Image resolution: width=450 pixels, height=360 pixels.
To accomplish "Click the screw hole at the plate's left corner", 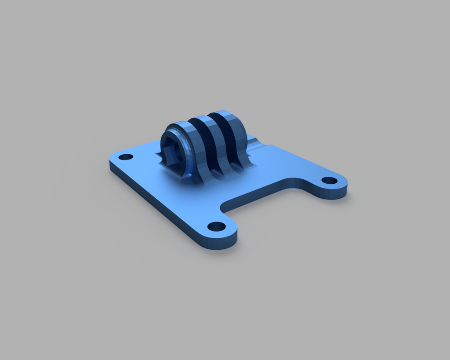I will point(126,157).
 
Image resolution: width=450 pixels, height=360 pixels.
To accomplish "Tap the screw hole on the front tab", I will point(216,227).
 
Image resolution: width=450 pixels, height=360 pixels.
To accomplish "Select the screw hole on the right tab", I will point(329,180).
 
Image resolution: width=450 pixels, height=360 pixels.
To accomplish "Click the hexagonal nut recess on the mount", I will point(173,148).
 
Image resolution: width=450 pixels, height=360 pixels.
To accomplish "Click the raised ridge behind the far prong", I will point(254,143).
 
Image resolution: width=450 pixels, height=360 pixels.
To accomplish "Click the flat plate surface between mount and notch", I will point(246,180).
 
